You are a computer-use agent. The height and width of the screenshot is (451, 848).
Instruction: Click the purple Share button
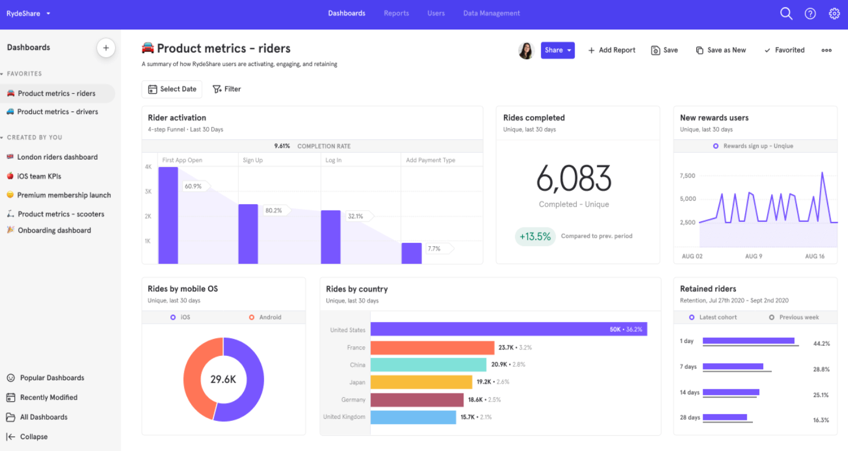pos(557,50)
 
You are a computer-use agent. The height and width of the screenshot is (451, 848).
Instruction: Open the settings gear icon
pos(834,14)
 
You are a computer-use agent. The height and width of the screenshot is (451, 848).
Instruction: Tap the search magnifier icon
pos(786,14)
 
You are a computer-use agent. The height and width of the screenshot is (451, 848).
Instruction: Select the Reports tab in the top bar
pos(396,13)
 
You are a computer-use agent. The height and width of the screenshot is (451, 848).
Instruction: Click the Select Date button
pos(172,89)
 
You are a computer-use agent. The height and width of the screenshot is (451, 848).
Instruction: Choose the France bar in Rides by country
pos(432,347)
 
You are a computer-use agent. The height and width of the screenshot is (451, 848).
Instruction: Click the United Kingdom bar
pos(413,417)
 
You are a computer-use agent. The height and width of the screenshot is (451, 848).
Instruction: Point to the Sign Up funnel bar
pos(248,234)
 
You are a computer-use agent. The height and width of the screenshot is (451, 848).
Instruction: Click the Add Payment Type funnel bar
pos(411,253)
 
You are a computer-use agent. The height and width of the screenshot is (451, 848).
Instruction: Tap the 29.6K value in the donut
pos(223,379)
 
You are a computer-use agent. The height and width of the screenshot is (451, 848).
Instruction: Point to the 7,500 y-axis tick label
pos(687,176)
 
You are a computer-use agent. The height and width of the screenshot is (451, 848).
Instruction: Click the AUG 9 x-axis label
pos(754,256)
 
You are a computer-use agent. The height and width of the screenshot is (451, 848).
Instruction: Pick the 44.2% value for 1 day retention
pos(821,343)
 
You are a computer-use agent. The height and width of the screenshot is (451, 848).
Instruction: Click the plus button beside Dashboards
pos(106,48)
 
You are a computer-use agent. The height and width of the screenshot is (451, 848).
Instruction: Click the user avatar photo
pos(526,50)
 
